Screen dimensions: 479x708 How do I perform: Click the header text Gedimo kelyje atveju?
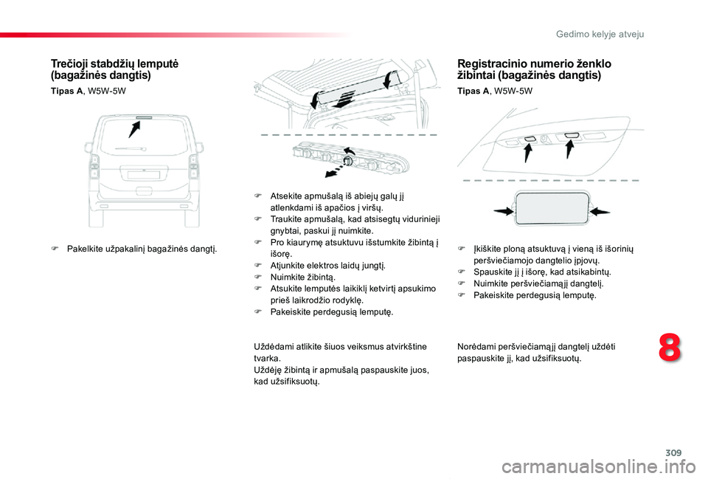click(611, 34)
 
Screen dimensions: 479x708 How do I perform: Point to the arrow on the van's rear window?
click(135, 128)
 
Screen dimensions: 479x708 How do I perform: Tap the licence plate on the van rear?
click(144, 175)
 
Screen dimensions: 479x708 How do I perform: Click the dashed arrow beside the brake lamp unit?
click(336, 170)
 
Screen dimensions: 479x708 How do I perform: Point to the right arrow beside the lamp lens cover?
click(600, 211)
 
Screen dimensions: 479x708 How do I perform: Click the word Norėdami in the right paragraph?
click(476, 347)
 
